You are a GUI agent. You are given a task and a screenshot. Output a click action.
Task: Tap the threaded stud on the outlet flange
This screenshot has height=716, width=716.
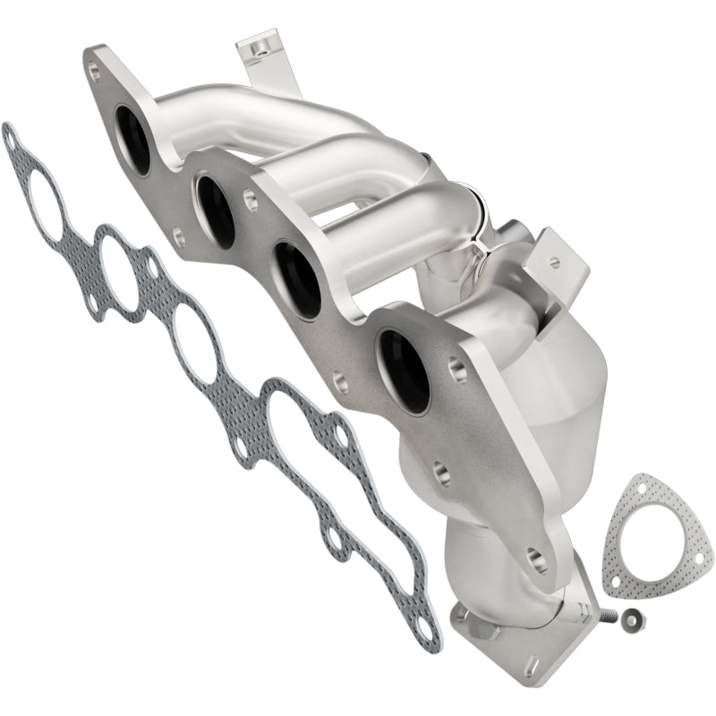click(x=610, y=615)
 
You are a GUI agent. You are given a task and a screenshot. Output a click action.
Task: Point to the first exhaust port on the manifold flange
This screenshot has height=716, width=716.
click(x=132, y=140)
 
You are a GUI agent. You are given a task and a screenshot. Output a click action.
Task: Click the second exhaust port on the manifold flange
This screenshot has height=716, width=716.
click(x=216, y=211)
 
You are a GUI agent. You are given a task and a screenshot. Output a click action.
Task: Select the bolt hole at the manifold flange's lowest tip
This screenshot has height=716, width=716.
click(x=535, y=555)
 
